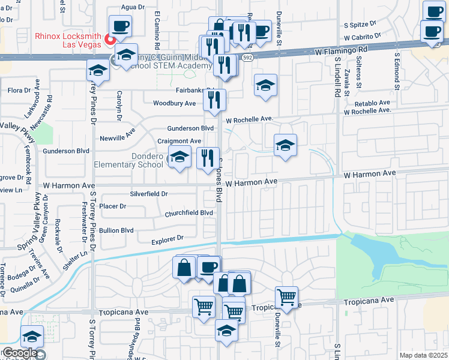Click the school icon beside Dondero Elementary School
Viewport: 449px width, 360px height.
coord(179,158)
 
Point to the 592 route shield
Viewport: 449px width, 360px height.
coord(247,58)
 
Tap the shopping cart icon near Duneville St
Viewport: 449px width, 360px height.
coord(287,296)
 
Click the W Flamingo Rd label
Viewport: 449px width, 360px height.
coord(341,51)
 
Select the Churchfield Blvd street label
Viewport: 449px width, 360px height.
coord(189,213)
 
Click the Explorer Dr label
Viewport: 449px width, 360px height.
coord(166,239)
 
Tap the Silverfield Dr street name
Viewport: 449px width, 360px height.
coord(149,194)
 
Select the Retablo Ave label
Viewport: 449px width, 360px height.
coord(375,103)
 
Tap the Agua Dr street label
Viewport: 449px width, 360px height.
coord(133,7)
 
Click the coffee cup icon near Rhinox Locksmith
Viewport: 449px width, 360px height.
coord(120,26)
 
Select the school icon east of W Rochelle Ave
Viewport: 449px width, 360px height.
coord(285,145)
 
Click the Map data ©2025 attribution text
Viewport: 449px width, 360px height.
coord(423,355)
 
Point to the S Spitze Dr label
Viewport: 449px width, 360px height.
coord(359,25)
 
